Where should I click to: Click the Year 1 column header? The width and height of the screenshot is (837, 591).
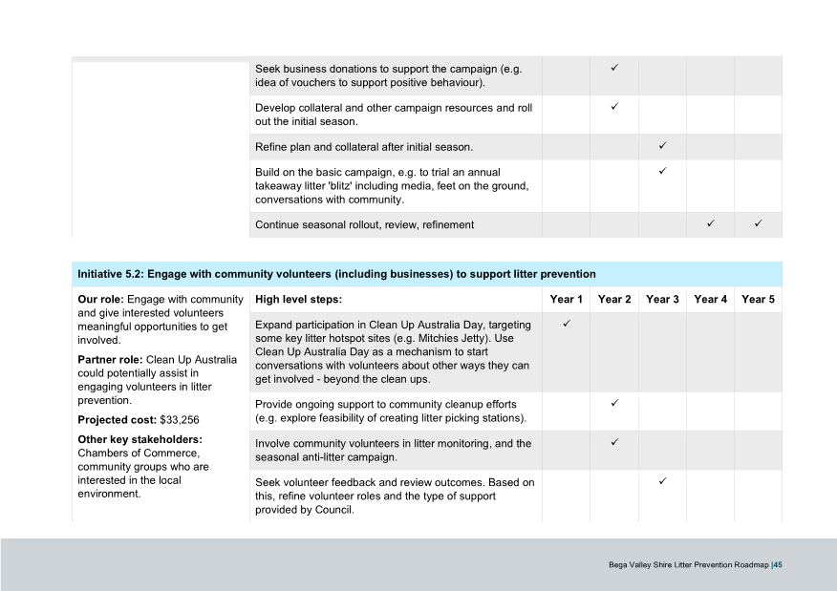pos(567,300)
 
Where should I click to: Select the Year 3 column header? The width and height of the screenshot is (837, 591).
pos(662,300)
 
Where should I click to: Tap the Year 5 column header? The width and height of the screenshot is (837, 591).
pos(758,300)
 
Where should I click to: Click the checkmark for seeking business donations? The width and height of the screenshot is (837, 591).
pos(614,69)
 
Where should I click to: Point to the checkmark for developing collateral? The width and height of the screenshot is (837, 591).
pos(614,107)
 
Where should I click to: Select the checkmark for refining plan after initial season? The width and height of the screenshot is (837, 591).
pos(662,146)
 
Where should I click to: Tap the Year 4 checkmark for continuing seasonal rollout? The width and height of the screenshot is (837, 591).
pos(710,224)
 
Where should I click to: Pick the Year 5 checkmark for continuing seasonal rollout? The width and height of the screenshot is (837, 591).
pos(758,224)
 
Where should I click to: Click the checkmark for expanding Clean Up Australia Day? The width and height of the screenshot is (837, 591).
pos(567,325)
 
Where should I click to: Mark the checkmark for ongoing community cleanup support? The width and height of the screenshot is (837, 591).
pos(614,403)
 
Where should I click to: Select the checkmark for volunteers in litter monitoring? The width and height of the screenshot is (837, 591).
pos(614,442)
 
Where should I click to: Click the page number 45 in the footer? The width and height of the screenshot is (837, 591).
pos(779,564)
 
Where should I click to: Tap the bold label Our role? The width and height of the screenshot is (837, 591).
pos(100,300)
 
